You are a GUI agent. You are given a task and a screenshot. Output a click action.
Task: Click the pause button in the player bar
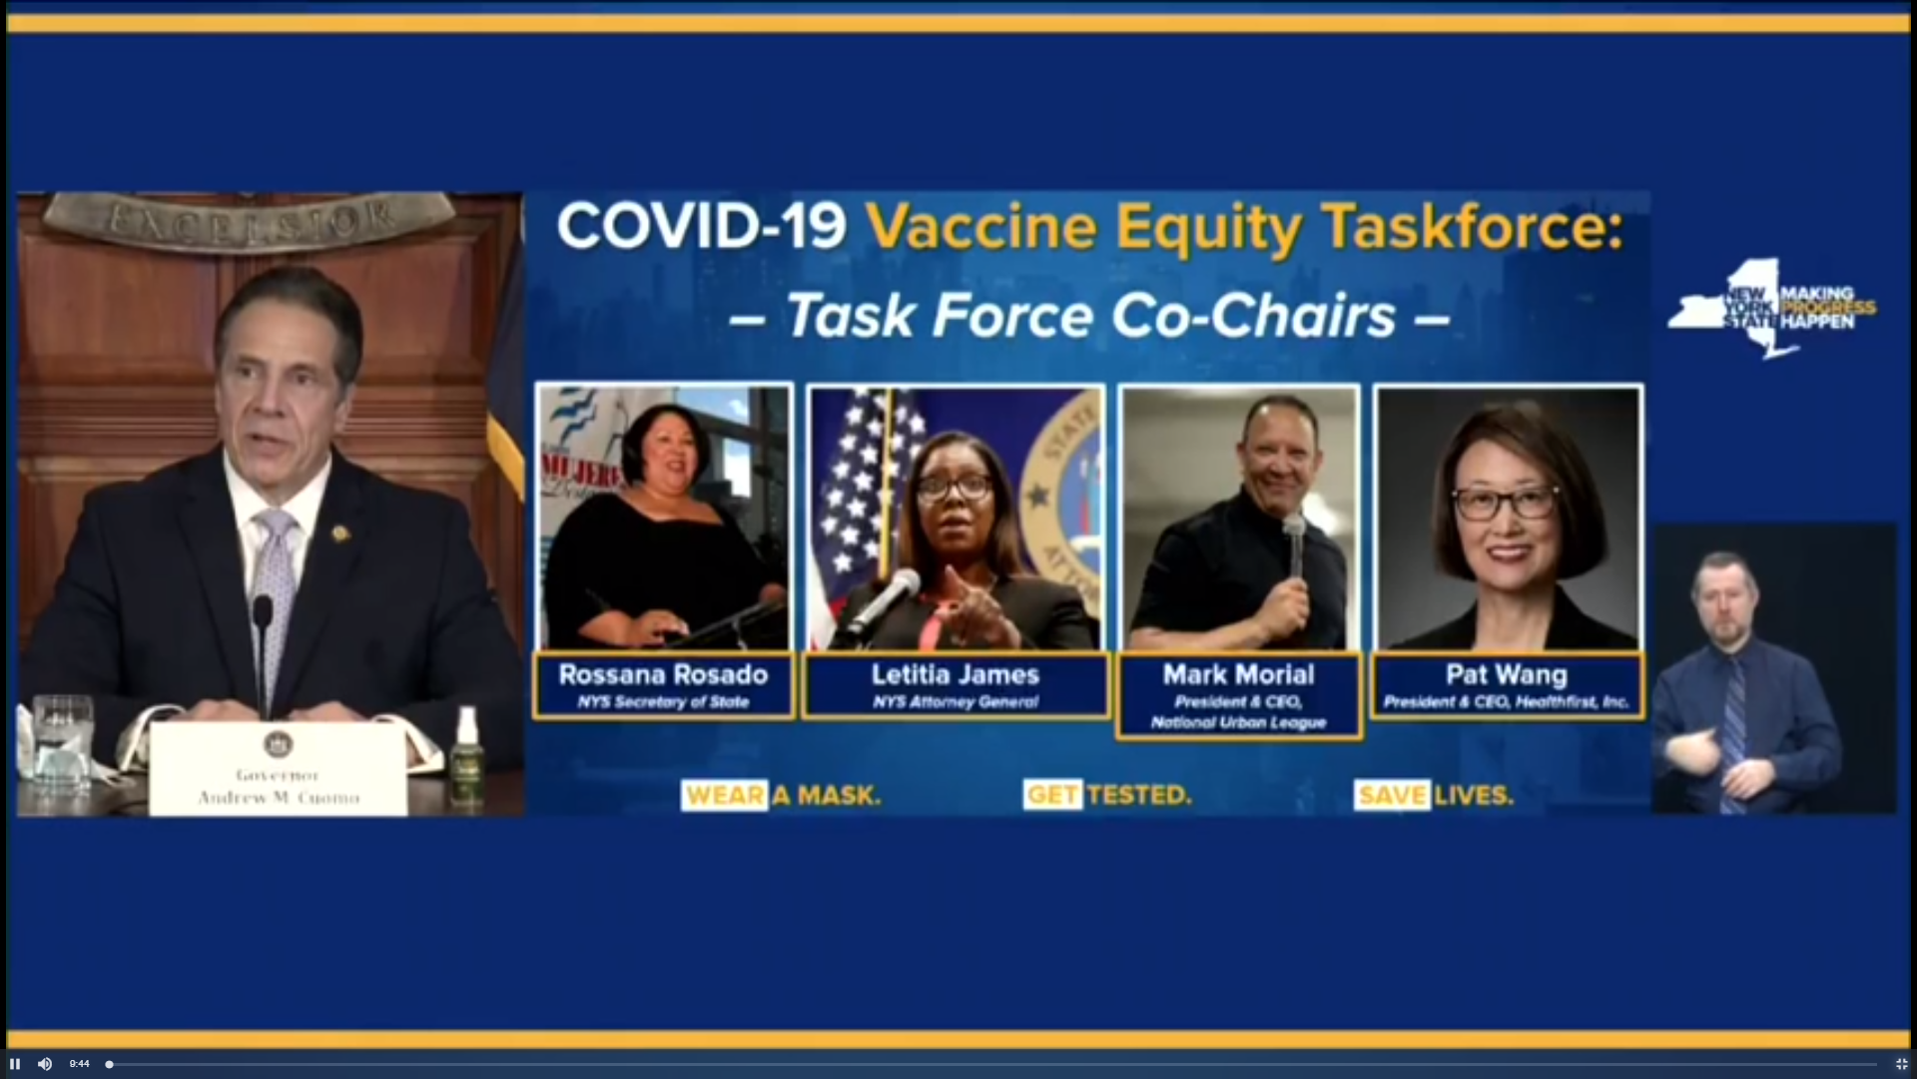(15, 1064)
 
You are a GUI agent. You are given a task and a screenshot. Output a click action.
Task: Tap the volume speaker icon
(45, 1064)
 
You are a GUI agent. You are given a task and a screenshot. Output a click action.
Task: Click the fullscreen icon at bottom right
(1901, 1064)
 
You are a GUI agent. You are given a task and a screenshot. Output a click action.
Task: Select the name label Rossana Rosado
(663, 675)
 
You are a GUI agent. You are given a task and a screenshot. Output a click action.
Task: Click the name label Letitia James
(956, 675)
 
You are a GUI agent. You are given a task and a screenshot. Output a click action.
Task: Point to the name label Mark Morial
(1238, 675)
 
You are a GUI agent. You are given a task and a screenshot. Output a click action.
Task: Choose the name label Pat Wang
(1506, 675)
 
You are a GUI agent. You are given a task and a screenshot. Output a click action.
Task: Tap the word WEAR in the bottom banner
(725, 795)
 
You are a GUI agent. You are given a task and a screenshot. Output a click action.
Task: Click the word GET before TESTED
(1052, 795)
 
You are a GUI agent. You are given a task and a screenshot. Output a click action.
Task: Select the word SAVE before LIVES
(1393, 795)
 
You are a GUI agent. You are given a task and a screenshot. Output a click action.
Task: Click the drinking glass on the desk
(62, 744)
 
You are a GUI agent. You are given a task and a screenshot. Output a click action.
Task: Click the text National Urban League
(1238, 722)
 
